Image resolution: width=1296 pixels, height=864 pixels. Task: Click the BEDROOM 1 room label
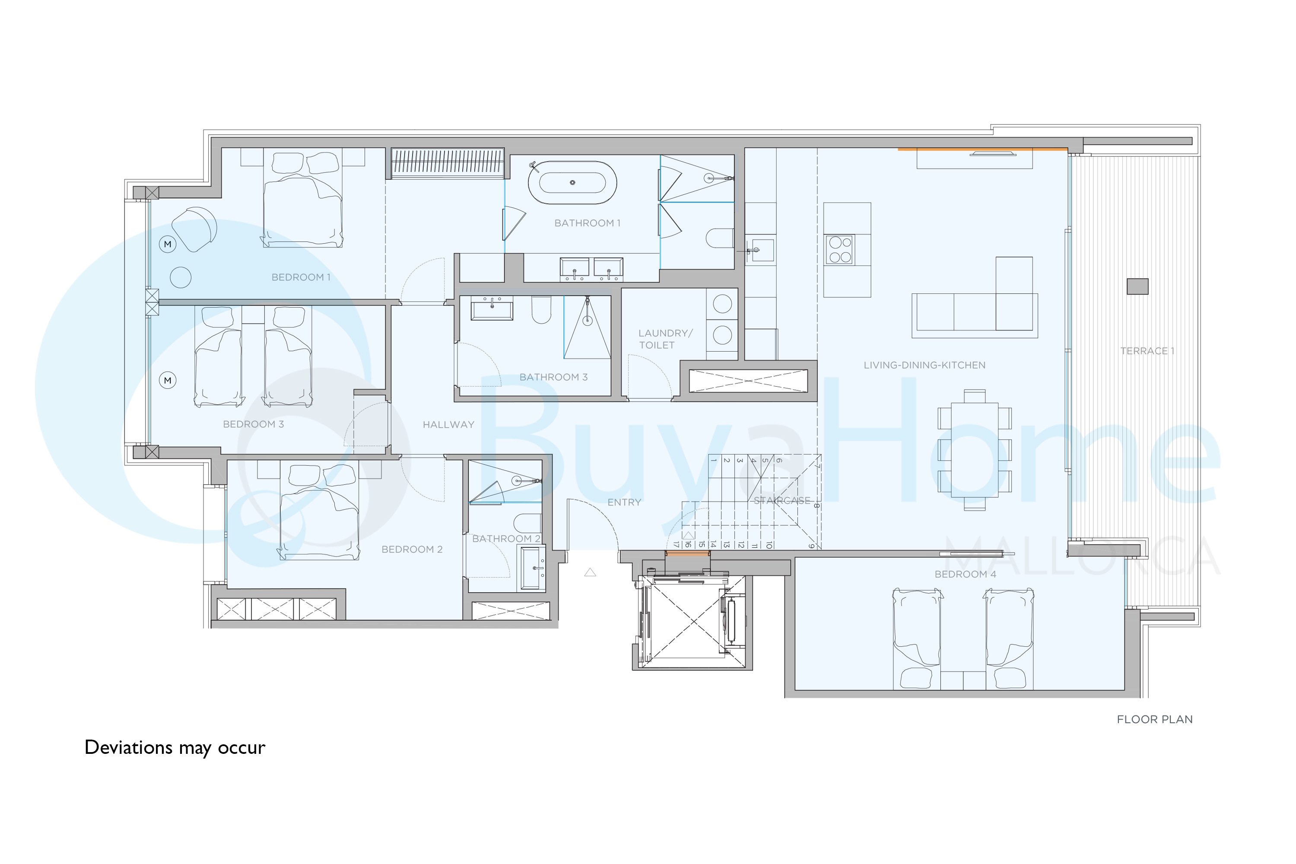point(301,277)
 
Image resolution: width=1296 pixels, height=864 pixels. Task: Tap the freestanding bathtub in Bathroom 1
point(572,182)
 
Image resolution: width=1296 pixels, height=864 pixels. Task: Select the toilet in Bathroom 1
point(720,238)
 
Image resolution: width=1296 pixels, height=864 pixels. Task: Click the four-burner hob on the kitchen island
point(840,250)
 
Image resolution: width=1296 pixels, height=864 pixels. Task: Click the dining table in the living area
point(974,450)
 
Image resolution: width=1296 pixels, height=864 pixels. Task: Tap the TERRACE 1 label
point(1147,351)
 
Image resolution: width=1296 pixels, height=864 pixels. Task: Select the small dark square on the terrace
point(1137,286)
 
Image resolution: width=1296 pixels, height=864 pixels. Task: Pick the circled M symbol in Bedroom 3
point(168,380)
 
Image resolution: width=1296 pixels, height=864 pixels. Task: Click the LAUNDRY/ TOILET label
point(665,339)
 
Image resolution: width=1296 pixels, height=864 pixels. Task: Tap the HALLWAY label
point(448,425)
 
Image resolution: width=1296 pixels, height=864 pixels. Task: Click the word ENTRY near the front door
point(624,502)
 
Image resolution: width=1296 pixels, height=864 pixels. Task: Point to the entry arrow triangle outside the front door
point(590,572)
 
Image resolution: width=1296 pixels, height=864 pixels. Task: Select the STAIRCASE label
point(782,500)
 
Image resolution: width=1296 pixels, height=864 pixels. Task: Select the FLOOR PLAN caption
point(1155,720)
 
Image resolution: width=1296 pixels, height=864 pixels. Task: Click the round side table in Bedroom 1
point(181,278)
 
